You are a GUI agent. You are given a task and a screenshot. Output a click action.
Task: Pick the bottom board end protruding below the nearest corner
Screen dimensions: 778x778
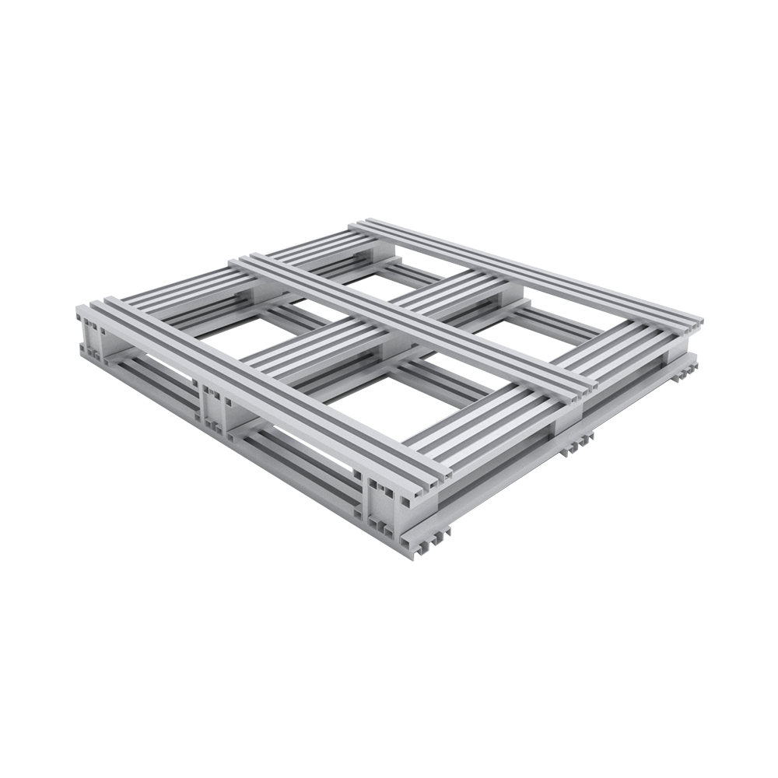428,537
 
